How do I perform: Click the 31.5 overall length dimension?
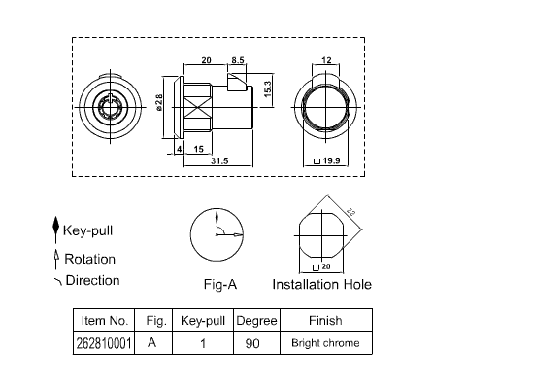coord(218,160)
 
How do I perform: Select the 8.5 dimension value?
coord(237,60)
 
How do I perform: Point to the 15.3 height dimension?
coord(268,88)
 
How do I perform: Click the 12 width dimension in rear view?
coord(326,60)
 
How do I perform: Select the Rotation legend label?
coord(89,259)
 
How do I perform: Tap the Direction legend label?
coord(91,280)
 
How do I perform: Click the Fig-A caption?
coord(219,285)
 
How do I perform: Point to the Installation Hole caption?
coord(321,285)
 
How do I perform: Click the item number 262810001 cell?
coord(103,343)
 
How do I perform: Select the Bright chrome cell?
coord(325,343)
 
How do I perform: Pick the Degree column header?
coord(256,320)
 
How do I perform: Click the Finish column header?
coord(325,320)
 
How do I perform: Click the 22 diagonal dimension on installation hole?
coord(350,213)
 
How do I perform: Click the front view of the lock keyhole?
coord(106,102)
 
